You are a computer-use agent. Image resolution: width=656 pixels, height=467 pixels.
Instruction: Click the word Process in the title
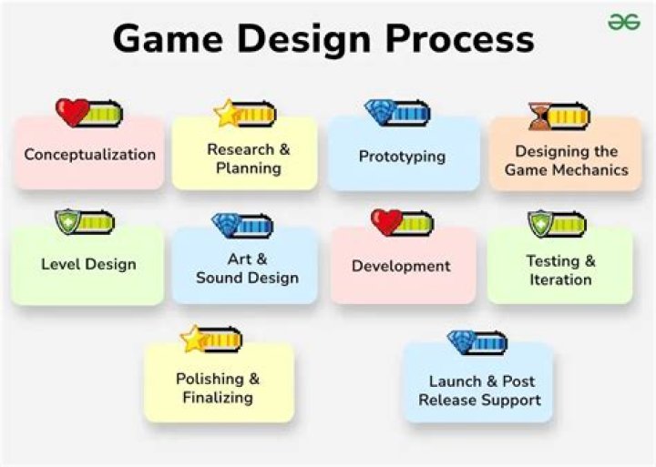coord(460,40)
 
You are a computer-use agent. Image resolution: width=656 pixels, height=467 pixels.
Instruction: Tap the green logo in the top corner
coord(624,21)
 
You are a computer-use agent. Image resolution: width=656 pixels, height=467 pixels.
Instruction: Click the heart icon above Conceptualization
coord(72,113)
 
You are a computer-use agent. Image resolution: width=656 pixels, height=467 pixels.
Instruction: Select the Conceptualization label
coord(90,155)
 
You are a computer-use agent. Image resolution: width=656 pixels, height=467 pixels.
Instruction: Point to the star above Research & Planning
coord(227,114)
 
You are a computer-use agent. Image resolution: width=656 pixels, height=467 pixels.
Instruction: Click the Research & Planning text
coord(248,158)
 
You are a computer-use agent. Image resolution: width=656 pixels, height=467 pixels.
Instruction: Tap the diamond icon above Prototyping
coord(379,112)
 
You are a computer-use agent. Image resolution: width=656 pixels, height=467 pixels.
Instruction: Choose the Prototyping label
coord(402,157)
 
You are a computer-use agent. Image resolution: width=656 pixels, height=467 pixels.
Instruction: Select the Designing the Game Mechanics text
coord(566,160)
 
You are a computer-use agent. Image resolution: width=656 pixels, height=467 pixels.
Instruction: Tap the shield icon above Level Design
coord(67,222)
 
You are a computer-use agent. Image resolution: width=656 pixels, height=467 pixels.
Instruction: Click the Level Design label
coord(88,265)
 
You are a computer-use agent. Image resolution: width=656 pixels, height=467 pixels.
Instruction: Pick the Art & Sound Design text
coord(247,269)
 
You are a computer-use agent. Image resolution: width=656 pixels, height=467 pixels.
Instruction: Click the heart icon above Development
coord(386,222)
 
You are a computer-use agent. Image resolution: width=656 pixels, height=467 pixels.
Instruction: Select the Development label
coord(401,267)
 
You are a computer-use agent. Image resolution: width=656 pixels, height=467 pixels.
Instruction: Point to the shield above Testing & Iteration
coord(541,223)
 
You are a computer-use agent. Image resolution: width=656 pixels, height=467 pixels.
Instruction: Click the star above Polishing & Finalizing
coord(194,340)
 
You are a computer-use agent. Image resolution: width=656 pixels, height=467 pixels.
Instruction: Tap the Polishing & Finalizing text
coord(217,388)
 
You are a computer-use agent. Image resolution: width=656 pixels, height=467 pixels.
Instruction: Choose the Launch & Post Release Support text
coord(480,391)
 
